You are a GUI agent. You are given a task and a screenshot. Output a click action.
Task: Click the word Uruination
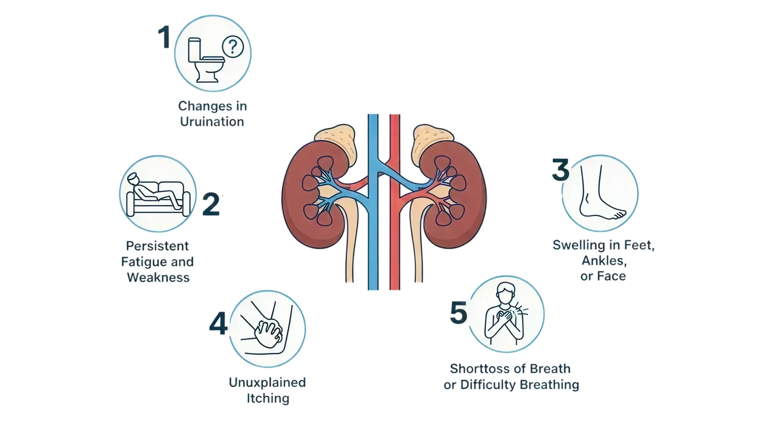tap(212, 122)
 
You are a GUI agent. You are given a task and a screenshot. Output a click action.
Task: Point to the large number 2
tap(211, 204)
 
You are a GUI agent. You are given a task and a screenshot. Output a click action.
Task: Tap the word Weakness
tap(158, 277)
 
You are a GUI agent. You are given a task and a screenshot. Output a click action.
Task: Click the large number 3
tap(560, 170)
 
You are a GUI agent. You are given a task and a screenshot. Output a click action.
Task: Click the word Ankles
tap(604, 260)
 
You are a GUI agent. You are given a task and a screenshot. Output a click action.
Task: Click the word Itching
tap(268, 398)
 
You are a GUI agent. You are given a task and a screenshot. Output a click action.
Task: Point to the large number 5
tap(458, 313)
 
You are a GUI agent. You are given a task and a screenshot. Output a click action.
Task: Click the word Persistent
tap(157, 246)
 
